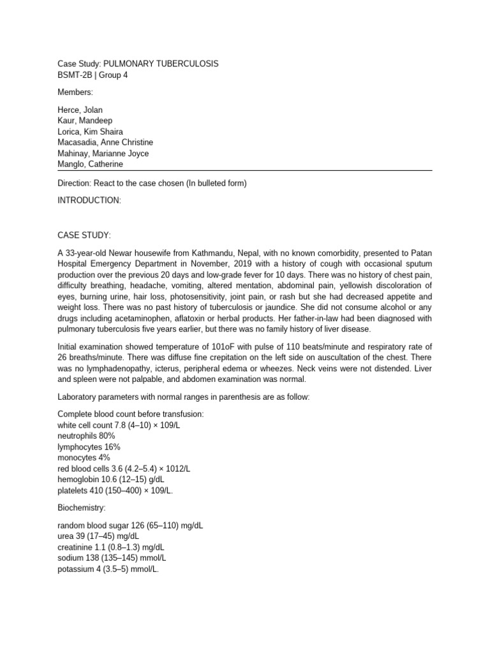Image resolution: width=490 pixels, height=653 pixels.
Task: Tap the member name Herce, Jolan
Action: pos(80,110)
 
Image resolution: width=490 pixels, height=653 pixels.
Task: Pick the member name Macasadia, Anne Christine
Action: pos(105,142)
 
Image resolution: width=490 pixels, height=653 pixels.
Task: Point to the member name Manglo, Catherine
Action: pos(90,164)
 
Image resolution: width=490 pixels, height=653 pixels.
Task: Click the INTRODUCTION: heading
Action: pos(89,200)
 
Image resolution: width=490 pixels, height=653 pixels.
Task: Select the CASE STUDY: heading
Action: pos(84,235)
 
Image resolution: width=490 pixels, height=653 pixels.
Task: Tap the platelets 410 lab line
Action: pos(115,490)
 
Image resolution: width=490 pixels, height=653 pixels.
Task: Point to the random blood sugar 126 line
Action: pos(130,525)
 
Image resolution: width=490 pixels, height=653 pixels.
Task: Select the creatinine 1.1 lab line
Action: pos(105,547)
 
